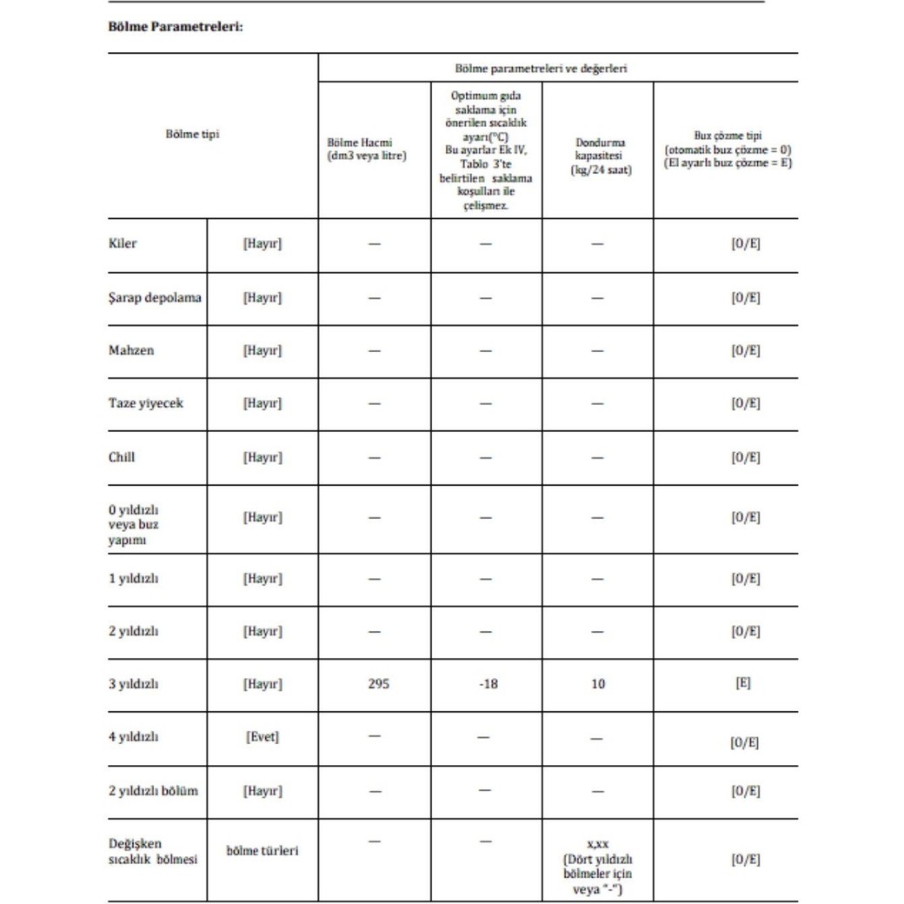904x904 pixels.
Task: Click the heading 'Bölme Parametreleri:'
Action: pos(175,27)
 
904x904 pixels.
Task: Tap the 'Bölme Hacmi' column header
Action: pos(367,149)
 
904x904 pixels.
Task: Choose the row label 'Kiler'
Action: pos(123,244)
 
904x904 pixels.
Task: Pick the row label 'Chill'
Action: pos(123,456)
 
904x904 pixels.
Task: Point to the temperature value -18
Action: pos(488,683)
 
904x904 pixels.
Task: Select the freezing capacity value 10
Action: pos(597,683)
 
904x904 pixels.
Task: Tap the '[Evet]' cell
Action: pos(263,737)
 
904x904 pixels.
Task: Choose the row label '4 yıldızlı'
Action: pos(133,737)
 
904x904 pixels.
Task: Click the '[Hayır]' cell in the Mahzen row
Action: pos(263,350)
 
